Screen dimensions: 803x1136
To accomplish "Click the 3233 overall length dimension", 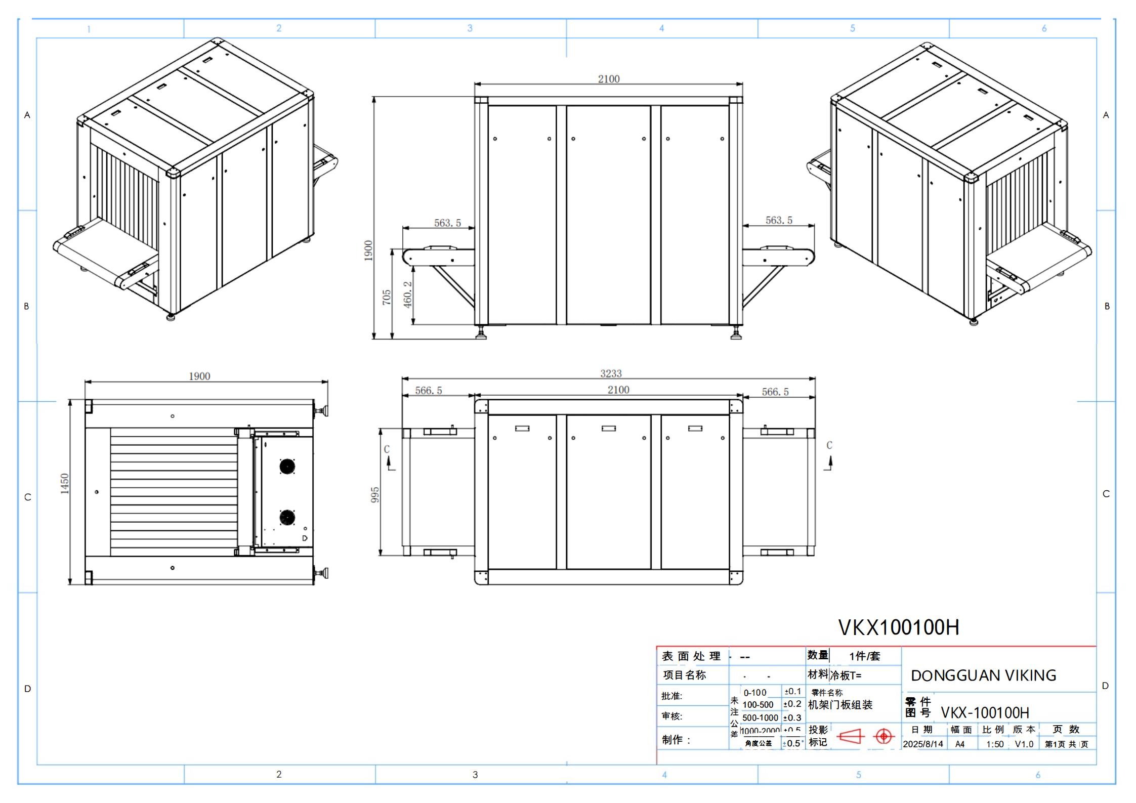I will (x=611, y=373).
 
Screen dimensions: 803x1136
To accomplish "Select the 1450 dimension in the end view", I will (x=65, y=484).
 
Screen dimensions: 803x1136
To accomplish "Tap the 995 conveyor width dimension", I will (x=375, y=495).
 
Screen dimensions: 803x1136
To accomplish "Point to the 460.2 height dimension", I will (x=408, y=295).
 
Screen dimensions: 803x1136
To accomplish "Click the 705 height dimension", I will (x=387, y=297).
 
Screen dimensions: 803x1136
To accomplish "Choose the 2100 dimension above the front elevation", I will (x=608, y=79).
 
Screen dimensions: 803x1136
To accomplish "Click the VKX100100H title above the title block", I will (x=899, y=627).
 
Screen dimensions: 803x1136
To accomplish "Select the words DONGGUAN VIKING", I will (x=983, y=675).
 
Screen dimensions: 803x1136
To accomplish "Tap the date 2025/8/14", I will (x=923, y=744).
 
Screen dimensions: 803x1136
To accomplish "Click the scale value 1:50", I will (x=995, y=744).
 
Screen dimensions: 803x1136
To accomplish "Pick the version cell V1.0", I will (x=1024, y=744).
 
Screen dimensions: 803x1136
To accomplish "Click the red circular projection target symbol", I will (x=883, y=736).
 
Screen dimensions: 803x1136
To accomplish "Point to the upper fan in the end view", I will (x=287, y=466).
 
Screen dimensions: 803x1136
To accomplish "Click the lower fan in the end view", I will (x=287, y=518).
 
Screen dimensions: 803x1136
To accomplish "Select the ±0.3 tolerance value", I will (x=792, y=717).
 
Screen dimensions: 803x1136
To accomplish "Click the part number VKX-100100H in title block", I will (x=985, y=713).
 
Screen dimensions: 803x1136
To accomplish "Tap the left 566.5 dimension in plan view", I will (x=429, y=391).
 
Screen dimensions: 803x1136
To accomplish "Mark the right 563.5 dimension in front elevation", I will (x=779, y=220).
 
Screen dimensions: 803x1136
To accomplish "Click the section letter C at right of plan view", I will (x=829, y=445).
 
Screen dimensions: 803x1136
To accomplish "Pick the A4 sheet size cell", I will (x=960, y=744).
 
